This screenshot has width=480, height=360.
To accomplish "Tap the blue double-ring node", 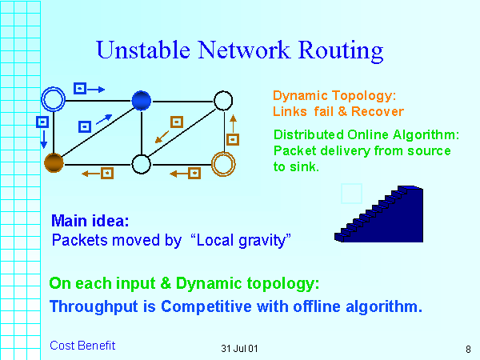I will pyautogui.click(x=54, y=99).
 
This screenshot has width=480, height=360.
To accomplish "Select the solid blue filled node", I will pyautogui.click(x=141, y=99).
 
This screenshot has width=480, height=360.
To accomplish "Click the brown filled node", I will pyautogui.click(x=54, y=163).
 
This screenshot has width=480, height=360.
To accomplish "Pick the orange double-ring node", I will pyautogui.click(x=223, y=164).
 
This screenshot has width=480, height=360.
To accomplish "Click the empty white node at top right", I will pyautogui.click(x=223, y=100).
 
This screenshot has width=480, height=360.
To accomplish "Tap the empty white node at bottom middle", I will pyautogui.click(x=141, y=164).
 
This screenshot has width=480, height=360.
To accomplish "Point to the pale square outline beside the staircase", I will pyautogui.click(x=351, y=194).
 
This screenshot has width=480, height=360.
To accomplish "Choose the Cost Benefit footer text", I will pyautogui.click(x=82, y=346).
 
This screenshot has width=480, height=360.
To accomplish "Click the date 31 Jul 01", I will pyautogui.click(x=239, y=349).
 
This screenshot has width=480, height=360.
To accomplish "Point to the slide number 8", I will pyautogui.click(x=467, y=349).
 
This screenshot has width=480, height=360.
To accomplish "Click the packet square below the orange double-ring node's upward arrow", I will pyautogui.click(x=233, y=139).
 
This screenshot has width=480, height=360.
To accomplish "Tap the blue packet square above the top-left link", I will pyautogui.click(x=79, y=88).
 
